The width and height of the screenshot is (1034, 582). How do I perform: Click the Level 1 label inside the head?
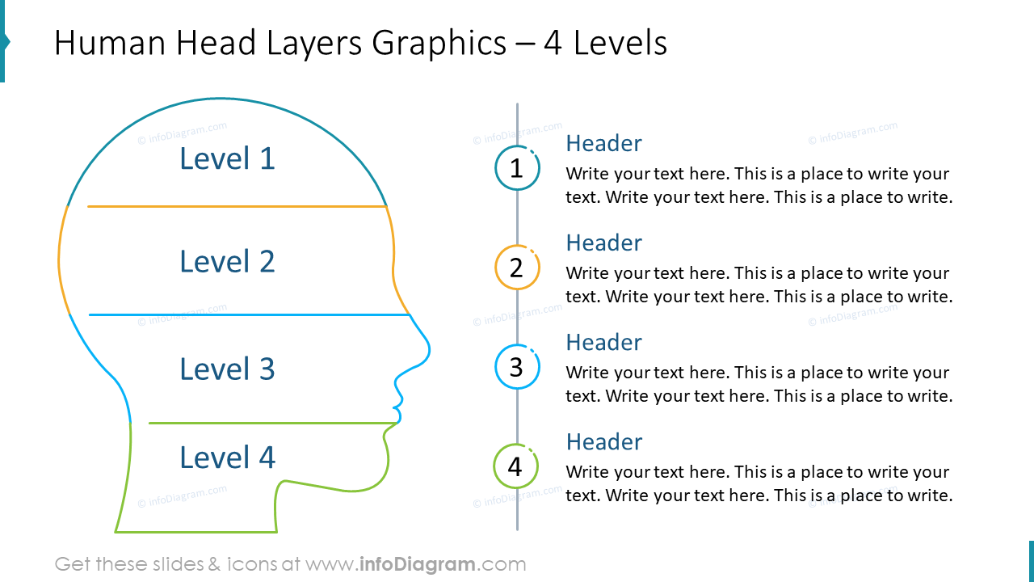pyautogui.click(x=227, y=158)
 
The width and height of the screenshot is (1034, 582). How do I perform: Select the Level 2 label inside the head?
pyautogui.click(x=227, y=261)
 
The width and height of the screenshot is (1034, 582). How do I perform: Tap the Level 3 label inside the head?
pyautogui.click(x=227, y=369)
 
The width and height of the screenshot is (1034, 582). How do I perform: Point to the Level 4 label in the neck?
pyautogui.click(x=227, y=458)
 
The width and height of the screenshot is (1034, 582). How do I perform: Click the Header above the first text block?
pyautogui.click(x=603, y=143)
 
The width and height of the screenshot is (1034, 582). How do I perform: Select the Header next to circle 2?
pyautogui.click(x=603, y=242)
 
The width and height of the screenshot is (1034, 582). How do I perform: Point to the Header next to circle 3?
pyautogui.click(x=603, y=342)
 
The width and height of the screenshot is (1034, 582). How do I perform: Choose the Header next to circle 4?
pyautogui.click(x=603, y=441)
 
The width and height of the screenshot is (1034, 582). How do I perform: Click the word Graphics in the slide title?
pyautogui.click(x=439, y=44)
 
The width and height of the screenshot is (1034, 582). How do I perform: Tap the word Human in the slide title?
pyautogui.click(x=110, y=43)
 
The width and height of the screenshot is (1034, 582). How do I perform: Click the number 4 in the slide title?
pyautogui.click(x=553, y=43)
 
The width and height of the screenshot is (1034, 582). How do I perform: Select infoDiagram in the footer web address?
pyautogui.click(x=418, y=564)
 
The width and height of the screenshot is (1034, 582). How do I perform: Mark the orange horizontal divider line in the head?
pyautogui.click(x=237, y=206)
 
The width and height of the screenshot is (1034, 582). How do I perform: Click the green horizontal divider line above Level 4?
pyautogui.click(x=273, y=423)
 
